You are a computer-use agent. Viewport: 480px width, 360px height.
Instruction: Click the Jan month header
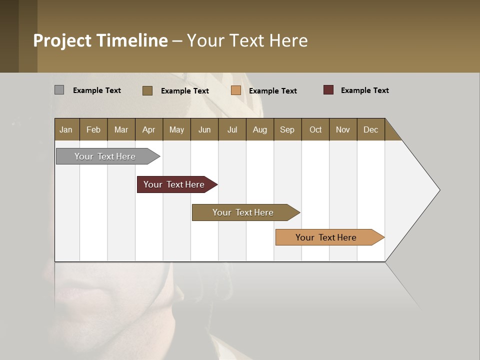(66, 129)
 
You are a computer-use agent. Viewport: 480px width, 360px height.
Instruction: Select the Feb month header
(93, 129)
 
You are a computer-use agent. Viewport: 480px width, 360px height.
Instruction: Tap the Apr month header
(148, 129)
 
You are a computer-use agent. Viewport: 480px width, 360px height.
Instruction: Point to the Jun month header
(204, 129)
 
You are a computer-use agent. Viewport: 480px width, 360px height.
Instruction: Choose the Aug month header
(259, 129)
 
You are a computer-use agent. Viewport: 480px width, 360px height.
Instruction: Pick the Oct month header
(315, 129)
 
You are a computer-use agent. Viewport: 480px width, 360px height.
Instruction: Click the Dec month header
(370, 129)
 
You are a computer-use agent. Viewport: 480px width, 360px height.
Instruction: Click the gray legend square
(59, 90)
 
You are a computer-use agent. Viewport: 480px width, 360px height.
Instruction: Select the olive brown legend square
(147, 90)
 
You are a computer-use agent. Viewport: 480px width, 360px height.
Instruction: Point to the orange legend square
(236, 90)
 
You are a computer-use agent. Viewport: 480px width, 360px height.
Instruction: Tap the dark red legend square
(328, 90)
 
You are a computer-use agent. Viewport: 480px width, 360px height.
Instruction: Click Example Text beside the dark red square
(364, 90)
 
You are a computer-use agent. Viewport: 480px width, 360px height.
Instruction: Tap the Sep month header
(287, 129)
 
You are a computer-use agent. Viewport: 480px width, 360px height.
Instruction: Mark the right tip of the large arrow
(439, 190)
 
